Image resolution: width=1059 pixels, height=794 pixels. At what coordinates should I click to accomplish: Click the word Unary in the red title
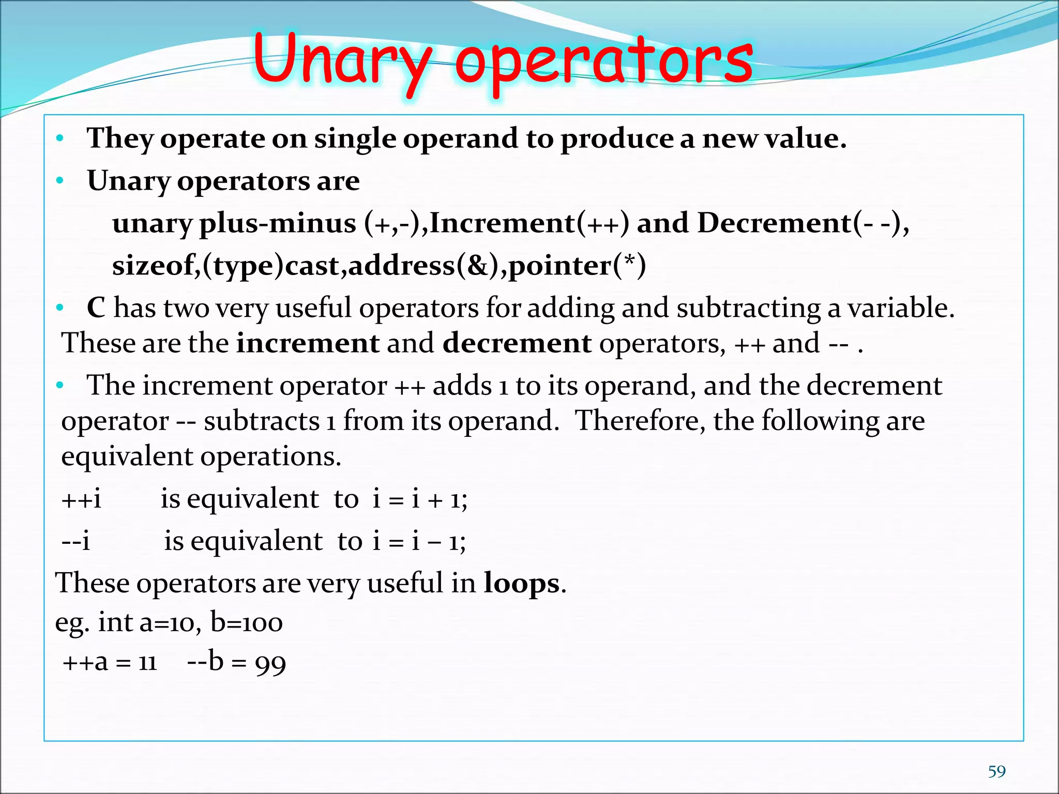pos(341,62)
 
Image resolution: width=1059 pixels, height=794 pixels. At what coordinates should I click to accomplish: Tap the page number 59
pos(996,772)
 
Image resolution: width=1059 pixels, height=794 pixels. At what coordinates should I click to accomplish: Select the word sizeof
pos(153,266)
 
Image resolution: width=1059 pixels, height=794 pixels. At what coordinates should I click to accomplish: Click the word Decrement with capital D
pos(774,223)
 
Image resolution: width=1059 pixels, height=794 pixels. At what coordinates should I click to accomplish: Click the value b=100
pos(247,623)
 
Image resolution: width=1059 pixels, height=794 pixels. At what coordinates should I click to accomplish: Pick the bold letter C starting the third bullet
pos(96,308)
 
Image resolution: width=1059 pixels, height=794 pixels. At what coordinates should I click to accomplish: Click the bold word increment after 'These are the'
pos(308,343)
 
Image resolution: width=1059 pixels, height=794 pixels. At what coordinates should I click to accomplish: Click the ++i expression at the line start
pos(81,499)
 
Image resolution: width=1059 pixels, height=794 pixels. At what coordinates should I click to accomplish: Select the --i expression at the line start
pos(75,542)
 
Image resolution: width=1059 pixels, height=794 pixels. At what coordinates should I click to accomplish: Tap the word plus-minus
pos(277,223)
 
